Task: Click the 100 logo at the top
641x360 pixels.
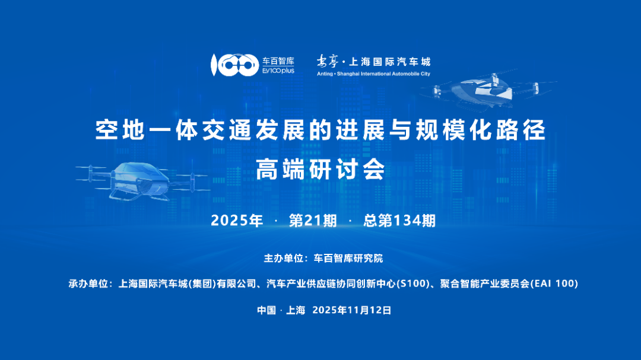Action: [234, 65]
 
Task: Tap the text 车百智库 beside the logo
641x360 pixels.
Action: [278, 60]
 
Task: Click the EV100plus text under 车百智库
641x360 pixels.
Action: [278, 71]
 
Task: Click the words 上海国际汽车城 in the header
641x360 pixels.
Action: [391, 62]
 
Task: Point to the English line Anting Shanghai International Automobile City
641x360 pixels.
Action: [374, 74]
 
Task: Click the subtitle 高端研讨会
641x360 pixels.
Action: [320, 170]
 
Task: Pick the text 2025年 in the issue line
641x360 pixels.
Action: [237, 221]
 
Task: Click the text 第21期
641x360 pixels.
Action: [313, 221]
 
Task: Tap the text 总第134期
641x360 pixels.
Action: [399, 221]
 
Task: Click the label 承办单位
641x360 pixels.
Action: [88, 284]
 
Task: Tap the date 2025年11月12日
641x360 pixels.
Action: [351, 310]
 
